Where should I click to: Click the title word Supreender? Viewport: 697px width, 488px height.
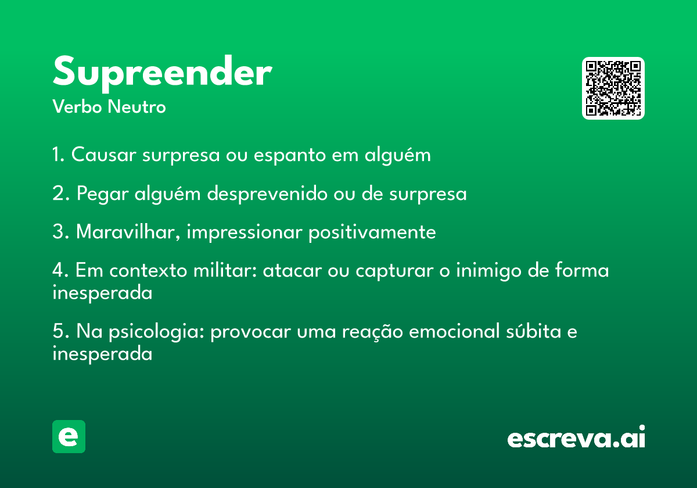[163, 73]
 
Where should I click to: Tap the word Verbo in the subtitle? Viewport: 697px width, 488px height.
[77, 107]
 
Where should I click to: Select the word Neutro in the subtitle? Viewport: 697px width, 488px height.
[136, 107]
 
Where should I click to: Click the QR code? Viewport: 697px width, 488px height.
[613, 88]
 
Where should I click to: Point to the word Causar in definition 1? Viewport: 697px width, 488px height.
[103, 155]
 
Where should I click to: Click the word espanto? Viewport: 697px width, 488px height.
[290, 155]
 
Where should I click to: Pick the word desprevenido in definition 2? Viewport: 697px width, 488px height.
[267, 193]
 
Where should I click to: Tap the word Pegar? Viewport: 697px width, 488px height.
[102, 194]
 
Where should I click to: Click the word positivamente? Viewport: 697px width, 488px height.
[372, 232]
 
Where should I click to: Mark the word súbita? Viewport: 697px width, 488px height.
[534, 331]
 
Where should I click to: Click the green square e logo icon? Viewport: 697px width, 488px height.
[69, 436]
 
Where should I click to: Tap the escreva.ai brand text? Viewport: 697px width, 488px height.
[576, 436]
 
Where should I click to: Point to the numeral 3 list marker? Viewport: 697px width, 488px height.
[59, 232]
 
